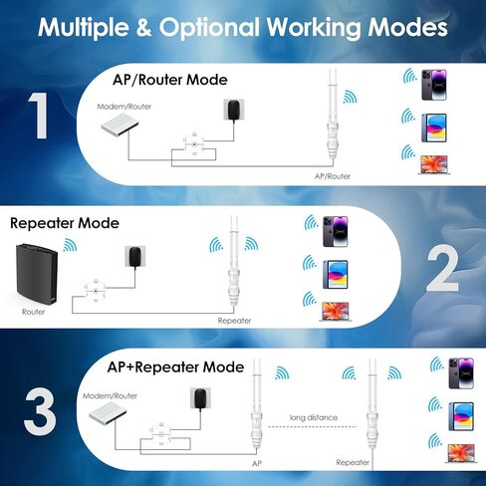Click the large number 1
[38, 116]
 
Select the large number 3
[39, 412]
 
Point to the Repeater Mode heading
[64, 223]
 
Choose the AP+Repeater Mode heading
[175, 366]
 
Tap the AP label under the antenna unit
[257, 464]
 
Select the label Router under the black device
[33, 311]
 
